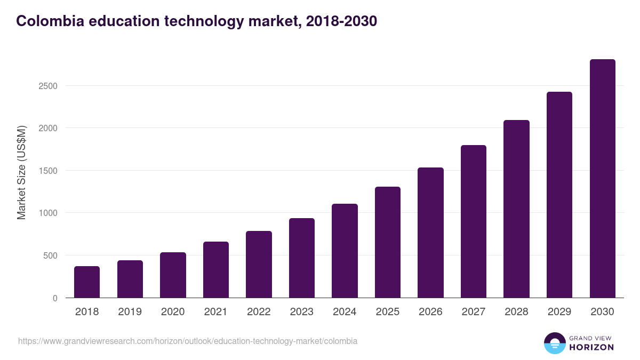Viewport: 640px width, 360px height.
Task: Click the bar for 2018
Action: (87, 282)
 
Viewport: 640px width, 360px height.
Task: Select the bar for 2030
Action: (602, 179)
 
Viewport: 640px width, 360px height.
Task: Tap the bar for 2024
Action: (345, 251)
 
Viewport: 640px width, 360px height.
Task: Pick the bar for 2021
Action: (216, 269)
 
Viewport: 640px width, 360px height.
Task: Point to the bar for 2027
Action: (474, 221)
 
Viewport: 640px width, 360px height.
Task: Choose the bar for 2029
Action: (559, 195)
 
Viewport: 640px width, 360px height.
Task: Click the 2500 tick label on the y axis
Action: (47, 86)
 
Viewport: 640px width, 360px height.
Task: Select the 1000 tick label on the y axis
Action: (47, 213)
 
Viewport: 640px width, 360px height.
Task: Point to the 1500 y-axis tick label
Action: (47, 171)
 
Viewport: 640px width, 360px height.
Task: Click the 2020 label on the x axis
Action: (173, 312)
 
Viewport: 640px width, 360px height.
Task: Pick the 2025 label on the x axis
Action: (388, 312)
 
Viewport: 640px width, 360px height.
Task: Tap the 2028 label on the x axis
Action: (516, 312)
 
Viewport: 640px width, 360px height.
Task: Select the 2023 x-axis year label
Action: (302, 312)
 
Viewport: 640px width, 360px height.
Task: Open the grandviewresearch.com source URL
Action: (188, 341)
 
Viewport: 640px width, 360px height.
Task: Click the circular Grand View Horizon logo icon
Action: (554, 343)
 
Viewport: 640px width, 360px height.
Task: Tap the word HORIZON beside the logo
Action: (591, 347)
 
